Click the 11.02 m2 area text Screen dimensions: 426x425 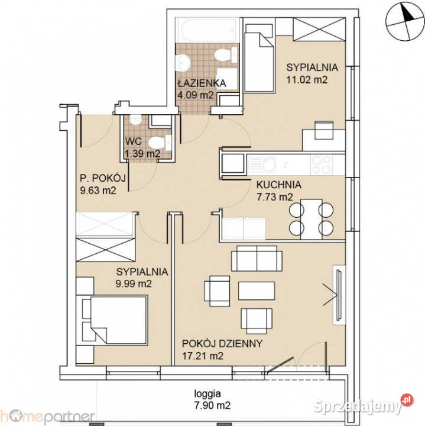[x=307, y=78]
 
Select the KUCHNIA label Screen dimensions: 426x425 [x=278, y=185]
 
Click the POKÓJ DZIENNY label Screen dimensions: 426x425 [x=222, y=344]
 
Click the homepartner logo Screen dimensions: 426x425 [x=47, y=418]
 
